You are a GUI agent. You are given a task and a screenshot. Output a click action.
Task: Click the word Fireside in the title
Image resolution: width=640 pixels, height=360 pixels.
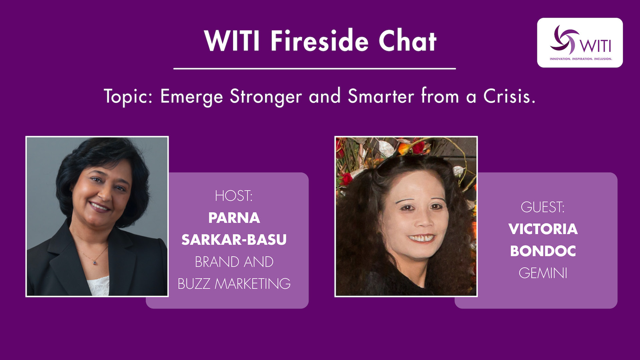click(x=319, y=41)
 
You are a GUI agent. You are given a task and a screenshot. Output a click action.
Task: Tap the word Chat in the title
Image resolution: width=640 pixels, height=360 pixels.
click(x=407, y=41)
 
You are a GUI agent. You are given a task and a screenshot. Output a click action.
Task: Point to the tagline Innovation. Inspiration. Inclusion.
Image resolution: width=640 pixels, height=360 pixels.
click(x=581, y=59)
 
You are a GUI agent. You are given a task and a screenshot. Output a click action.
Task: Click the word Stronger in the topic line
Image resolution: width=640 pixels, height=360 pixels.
click(x=266, y=97)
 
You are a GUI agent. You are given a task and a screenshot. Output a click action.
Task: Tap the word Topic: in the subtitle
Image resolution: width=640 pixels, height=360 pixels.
click(x=128, y=97)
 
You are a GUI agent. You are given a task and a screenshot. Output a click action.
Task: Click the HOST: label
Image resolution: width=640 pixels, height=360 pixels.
click(x=234, y=196)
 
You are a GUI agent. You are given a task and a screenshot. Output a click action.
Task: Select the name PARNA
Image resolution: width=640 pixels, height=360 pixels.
click(x=234, y=218)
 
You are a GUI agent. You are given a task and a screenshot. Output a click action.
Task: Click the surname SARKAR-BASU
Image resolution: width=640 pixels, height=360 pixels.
click(x=234, y=240)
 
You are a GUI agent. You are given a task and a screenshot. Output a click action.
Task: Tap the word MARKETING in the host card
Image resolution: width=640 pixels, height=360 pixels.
click(x=253, y=284)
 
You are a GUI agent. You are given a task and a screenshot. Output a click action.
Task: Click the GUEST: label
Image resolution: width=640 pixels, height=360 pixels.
click(x=543, y=207)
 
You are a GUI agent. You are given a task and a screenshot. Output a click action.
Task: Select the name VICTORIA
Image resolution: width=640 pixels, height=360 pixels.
click(x=543, y=229)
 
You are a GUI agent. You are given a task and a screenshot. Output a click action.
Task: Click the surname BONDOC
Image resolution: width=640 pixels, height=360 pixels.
click(x=543, y=251)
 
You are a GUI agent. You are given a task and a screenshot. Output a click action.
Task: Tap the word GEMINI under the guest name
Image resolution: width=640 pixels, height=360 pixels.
click(x=543, y=273)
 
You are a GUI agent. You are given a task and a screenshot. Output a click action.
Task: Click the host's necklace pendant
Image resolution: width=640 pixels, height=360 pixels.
click(x=96, y=263)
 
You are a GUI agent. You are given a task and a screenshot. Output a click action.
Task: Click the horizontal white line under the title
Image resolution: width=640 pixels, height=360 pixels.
click(x=314, y=69)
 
